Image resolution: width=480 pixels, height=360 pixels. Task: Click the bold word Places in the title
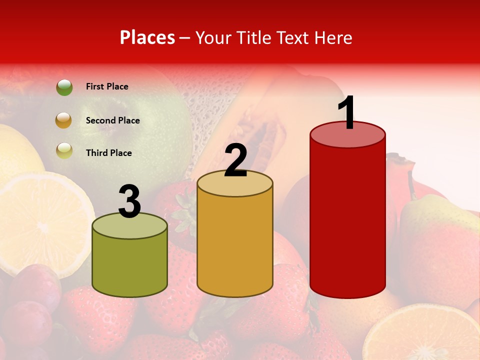[147, 38]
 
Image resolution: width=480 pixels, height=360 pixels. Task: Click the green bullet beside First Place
[64, 87]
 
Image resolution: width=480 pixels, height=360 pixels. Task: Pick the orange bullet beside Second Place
[64, 120]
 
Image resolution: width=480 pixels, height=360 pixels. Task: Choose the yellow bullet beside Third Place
[64, 150]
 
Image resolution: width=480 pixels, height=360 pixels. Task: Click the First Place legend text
[107, 86]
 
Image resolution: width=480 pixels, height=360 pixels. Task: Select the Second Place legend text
[112, 120]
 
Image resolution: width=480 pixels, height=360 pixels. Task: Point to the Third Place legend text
[108, 153]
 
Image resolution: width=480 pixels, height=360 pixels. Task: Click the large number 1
[347, 113]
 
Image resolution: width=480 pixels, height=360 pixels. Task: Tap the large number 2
[235, 160]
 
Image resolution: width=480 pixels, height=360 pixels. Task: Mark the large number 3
[129, 201]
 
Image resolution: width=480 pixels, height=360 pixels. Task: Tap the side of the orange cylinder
[235, 245]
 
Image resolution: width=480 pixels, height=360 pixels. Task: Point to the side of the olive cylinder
[130, 265]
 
